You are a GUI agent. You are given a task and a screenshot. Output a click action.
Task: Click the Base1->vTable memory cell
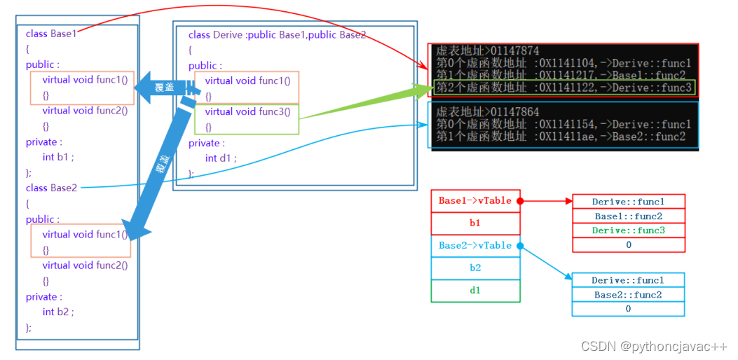[x=475, y=201]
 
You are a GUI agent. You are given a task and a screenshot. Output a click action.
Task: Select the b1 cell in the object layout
[x=475, y=223]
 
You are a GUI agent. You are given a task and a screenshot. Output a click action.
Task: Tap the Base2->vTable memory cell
[x=475, y=246]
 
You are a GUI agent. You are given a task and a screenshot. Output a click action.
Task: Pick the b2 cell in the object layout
[x=475, y=268]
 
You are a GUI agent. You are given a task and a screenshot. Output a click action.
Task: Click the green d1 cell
[x=475, y=291]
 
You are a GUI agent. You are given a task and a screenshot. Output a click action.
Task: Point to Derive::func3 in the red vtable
[x=628, y=230]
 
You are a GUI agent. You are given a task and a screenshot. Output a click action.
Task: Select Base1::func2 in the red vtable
[x=628, y=216]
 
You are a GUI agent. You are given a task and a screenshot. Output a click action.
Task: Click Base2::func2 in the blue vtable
[x=628, y=295]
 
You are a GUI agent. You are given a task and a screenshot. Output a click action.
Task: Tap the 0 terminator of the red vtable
[x=628, y=244]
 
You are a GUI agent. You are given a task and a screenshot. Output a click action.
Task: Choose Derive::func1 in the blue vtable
[x=628, y=280]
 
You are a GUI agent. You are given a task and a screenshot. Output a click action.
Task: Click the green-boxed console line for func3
[x=564, y=88]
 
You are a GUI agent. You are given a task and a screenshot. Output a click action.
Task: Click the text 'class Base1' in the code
[x=51, y=34]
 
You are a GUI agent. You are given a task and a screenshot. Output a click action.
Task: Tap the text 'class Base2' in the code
[x=51, y=188]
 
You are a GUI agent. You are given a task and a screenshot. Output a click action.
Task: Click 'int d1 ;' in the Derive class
[x=221, y=158]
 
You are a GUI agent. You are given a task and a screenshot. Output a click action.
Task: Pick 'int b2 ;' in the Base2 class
[x=57, y=312]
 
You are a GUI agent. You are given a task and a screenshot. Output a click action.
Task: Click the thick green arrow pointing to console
[x=364, y=105]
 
